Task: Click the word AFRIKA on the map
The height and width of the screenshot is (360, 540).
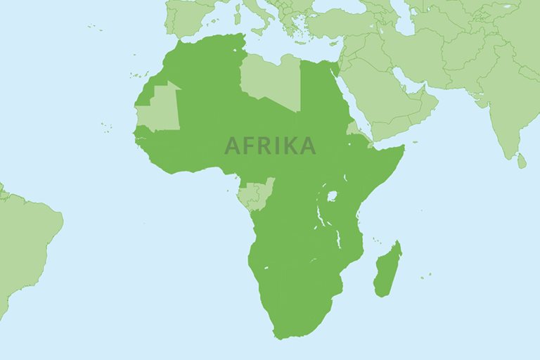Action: tap(269, 146)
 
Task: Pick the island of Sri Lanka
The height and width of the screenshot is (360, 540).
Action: tap(521, 161)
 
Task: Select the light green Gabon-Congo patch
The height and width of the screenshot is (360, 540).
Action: tap(255, 195)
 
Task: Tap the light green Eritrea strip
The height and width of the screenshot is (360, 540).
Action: tap(354, 129)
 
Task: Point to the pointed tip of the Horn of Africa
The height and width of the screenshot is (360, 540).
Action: tap(404, 148)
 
